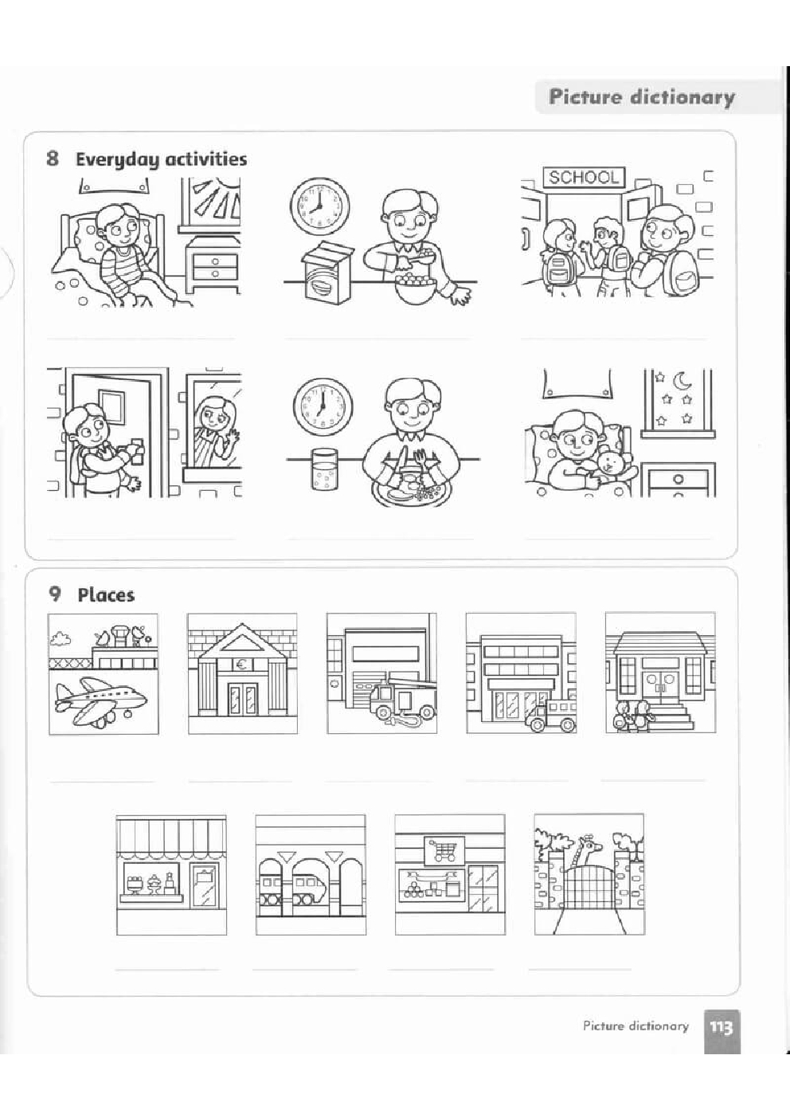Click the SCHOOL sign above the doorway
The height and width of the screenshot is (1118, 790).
(583, 177)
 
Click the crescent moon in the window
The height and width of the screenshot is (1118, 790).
(682, 382)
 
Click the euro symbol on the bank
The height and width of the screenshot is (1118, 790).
(241, 664)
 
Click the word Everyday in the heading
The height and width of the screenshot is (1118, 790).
(116, 159)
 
